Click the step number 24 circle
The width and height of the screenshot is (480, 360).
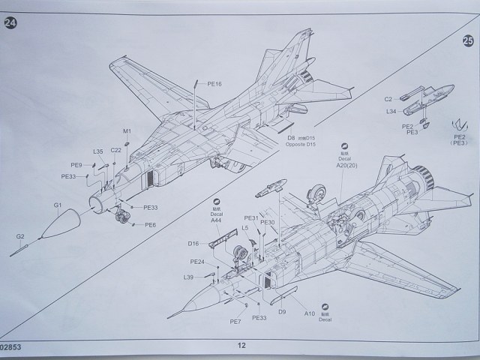coord(11,22)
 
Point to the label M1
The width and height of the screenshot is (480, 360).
coord(127,131)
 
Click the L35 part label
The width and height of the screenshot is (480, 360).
coord(98,151)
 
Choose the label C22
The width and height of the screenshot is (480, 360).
coord(116,150)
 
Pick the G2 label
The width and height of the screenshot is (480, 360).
coord(20,237)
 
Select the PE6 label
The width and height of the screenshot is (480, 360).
coord(151,224)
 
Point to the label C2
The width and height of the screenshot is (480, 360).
coord(388,99)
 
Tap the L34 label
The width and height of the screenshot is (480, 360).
coord(391,112)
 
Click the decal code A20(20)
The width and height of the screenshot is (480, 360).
coord(347,166)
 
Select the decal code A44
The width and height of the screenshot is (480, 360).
coord(216,221)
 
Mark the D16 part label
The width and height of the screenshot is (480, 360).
coord(193,243)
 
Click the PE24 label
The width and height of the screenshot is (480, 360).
coord(197,262)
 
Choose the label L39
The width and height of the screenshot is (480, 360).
coord(188,277)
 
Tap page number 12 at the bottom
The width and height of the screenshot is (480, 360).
coord(241,346)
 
